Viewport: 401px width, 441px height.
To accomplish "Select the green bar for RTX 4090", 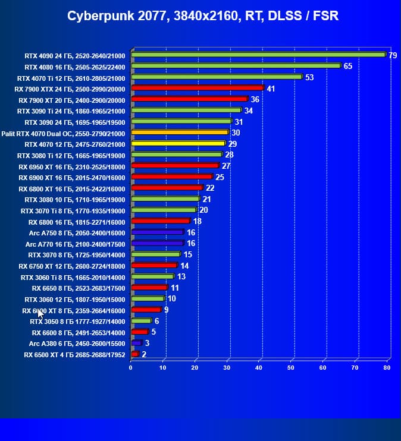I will pyautogui.click(x=258, y=55).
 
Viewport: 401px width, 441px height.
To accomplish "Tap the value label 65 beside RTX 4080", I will pyautogui.click(x=348, y=66).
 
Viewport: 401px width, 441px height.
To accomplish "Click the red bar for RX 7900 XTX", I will pyautogui.click(x=197, y=88).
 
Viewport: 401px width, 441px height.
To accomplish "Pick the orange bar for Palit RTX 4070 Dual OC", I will pyautogui.click(x=180, y=133).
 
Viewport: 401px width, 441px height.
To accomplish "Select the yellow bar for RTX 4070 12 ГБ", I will pyautogui.click(x=178, y=143).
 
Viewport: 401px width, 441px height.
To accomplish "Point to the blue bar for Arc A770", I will pyautogui.click(x=157, y=243).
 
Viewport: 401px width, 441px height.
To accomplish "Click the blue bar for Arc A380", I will pyautogui.click(x=136, y=343).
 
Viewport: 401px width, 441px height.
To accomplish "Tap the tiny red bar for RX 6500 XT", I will pyautogui.click(x=134, y=354).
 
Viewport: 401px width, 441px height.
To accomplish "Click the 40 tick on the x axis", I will pyautogui.click(x=259, y=368).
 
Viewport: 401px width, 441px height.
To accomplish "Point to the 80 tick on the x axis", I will pyautogui.click(x=387, y=368).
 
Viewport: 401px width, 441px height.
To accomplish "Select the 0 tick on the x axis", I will pyautogui.click(x=131, y=368).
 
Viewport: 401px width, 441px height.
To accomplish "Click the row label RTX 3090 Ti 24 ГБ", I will pyautogui.click(x=71, y=111).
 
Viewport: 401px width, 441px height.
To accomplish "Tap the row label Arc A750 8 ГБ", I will pyautogui.click(x=75, y=232).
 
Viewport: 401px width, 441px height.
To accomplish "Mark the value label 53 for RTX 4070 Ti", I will pyautogui.click(x=309, y=77).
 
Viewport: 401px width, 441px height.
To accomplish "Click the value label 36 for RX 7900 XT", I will pyautogui.click(x=255, y=99).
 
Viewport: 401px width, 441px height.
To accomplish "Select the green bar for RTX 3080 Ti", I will pyautogui.click(x=176, y=155).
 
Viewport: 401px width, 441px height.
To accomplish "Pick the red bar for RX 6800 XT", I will pyautogui.click(x=167, y=188).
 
